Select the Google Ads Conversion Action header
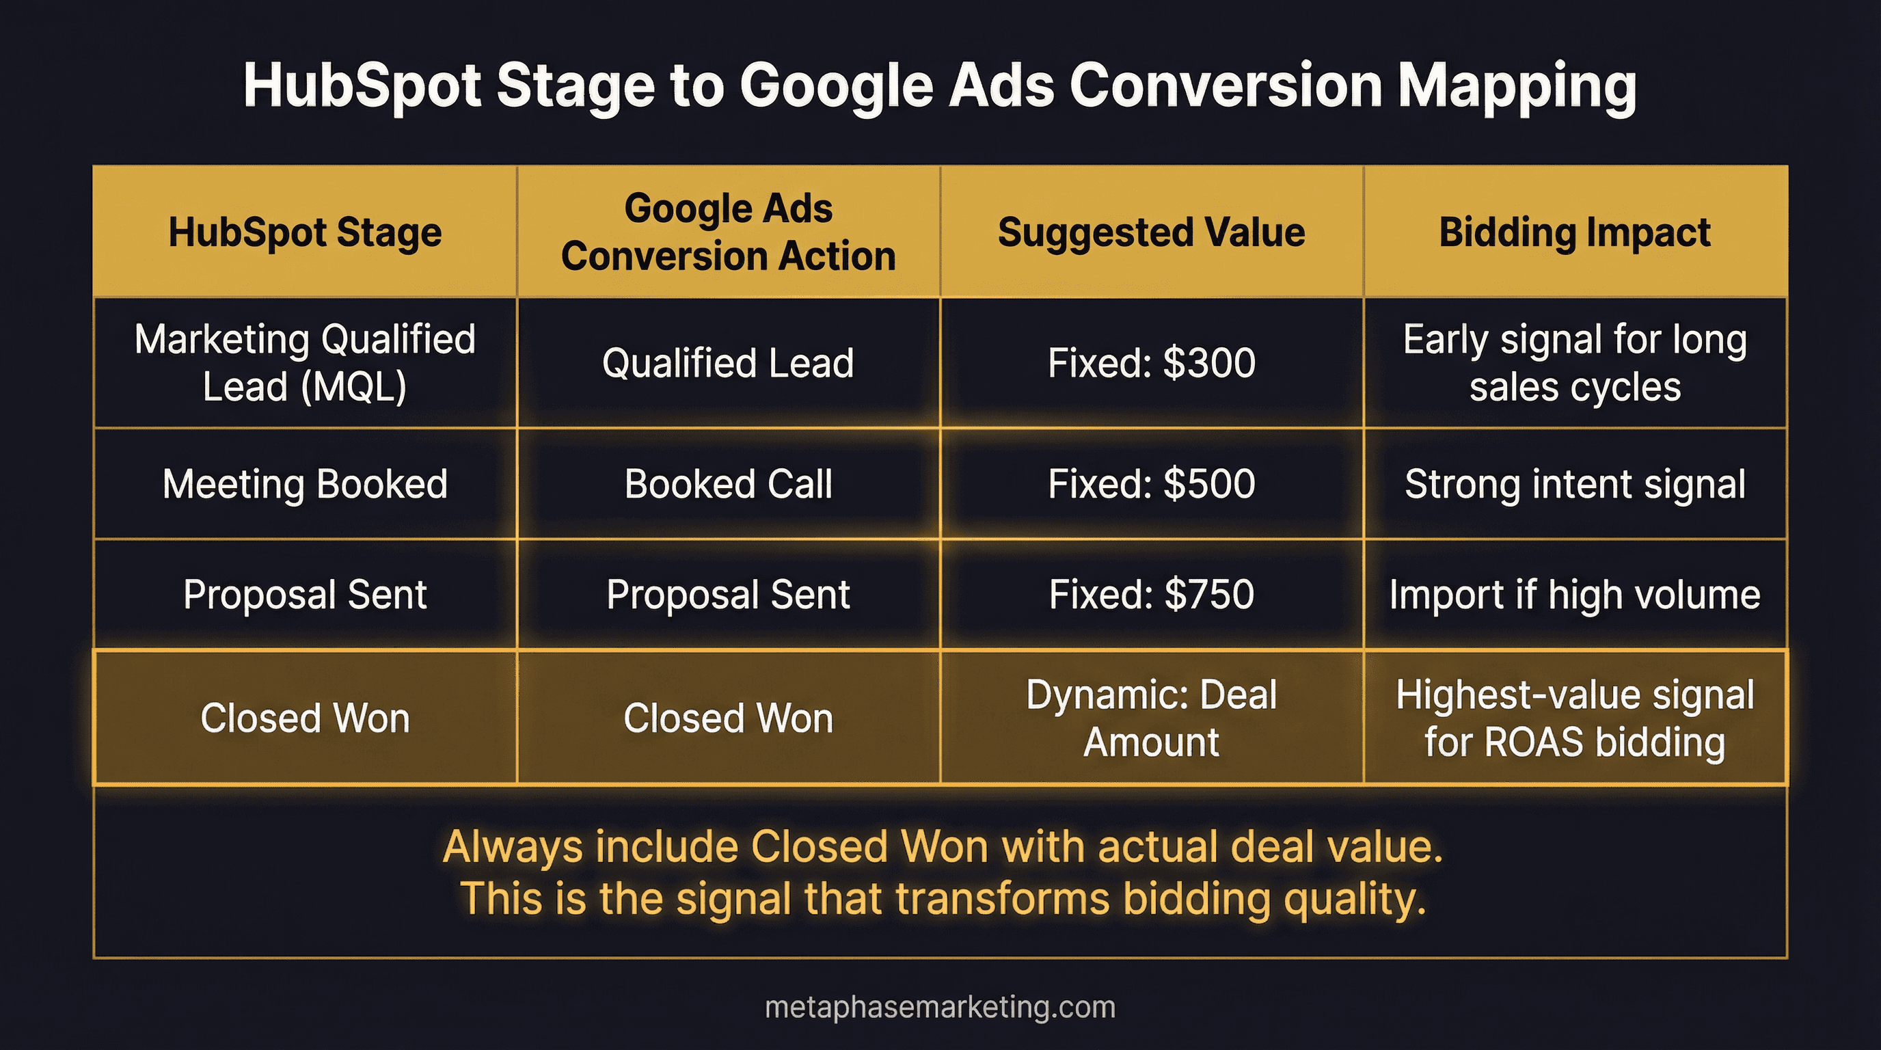[728, 232]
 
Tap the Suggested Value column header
[1151, 232]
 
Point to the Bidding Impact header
[1574, 232]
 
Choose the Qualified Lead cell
[728, 363]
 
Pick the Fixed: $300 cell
[1151, 363]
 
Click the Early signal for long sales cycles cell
[1574, 363]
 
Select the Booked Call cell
[728, 484]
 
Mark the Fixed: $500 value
[1151, 484]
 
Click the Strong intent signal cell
[1574, 484]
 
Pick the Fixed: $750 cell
[1151, 594]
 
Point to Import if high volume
[1574, 594]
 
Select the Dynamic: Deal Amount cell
[1151, 718]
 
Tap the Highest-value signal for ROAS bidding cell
[1574, 718]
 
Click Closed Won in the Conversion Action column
[728, 718]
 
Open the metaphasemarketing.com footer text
[940, 1008]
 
